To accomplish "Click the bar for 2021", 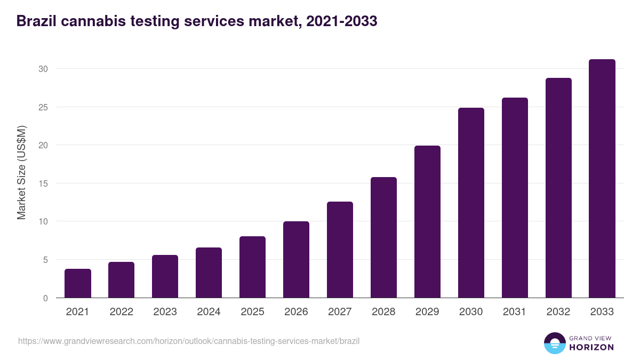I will coord(78,283).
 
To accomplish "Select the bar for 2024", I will coord(209,273).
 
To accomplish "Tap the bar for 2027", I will coord(340,250).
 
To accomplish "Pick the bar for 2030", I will coord(471,203).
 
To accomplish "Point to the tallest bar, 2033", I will coord(602,179).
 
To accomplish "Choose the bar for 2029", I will coord(427,221).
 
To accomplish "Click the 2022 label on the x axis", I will coord(122,312).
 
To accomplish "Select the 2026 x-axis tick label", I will coord(296,312).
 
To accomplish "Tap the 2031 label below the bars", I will coord(515,312).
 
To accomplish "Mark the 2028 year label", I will coord(383,312).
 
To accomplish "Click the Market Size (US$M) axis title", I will coord(21,172).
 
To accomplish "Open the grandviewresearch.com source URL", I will coord(189,341).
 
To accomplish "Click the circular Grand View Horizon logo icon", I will coord(554,343).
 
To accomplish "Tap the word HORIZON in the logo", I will coord(591,347).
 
